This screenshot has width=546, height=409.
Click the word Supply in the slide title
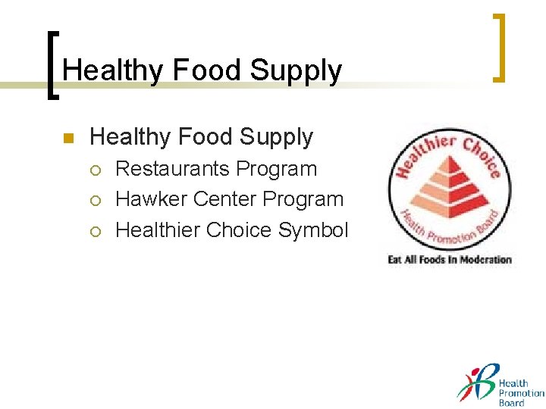pos(296,71)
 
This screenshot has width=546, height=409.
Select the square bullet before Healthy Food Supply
pos(67,139)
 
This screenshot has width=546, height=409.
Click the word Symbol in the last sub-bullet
pos(313,230)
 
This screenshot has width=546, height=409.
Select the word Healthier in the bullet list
pos(158,230)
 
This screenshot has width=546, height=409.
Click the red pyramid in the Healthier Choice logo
pos(446,189)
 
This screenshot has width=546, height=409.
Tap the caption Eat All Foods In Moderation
pos(450,260)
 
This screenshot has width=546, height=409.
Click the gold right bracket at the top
pos(500,47)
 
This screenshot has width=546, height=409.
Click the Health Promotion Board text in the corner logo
pos(520,393)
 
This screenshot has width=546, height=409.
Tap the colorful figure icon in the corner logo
pos(477,385)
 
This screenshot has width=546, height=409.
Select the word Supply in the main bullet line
pos(278,137)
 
